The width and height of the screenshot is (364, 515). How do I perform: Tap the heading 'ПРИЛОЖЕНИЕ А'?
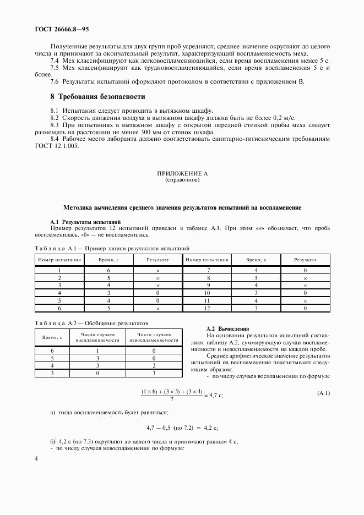pos(182,173)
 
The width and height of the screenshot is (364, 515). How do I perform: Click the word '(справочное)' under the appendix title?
pos(182,179)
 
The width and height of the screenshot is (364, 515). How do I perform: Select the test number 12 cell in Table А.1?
pos(208,309)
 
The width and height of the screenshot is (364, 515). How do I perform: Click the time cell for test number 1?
pos(109,270)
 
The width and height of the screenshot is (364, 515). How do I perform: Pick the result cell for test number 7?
pos(305,270)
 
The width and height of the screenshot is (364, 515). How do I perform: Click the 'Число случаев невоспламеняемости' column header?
pos(154,337)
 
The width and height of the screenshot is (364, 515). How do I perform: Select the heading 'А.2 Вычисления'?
pos(220,328)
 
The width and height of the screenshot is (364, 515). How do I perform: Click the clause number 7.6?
pos(55,81)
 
